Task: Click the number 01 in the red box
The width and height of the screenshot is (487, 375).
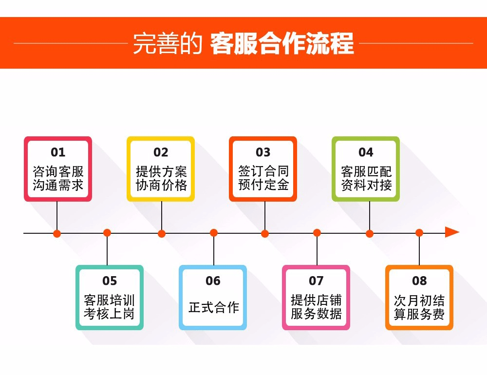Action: (58, 152)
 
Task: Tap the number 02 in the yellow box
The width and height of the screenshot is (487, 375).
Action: (161, 152)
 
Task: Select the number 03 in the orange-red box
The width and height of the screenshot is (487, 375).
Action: (263, 152)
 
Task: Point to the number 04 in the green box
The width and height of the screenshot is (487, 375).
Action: (366, 152)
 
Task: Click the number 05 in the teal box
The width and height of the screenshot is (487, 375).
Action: (110, 281)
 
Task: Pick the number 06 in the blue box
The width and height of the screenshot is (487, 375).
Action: (213, 281)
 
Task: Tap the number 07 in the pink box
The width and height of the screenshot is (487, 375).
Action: (316, 281)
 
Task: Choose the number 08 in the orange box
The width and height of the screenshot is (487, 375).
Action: (419, 281)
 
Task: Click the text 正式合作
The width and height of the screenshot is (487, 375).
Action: (214, 307)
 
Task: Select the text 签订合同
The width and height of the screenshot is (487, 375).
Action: (263, 171)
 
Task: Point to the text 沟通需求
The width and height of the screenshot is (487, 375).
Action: (58, 185)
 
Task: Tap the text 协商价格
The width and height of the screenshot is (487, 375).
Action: (161, 185)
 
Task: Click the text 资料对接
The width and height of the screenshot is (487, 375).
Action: (366, 185)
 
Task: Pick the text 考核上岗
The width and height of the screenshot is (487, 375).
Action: (109, 314)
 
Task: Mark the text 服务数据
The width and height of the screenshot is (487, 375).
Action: (316, 314)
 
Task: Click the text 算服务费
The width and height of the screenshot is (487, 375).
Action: (419, 314)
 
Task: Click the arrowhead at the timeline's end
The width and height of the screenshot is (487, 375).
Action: (452, 232)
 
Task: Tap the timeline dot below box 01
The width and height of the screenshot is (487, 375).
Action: (57, 234)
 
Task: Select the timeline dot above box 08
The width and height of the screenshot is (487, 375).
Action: (419, 233)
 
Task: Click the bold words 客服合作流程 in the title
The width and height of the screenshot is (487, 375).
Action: (282, 43)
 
